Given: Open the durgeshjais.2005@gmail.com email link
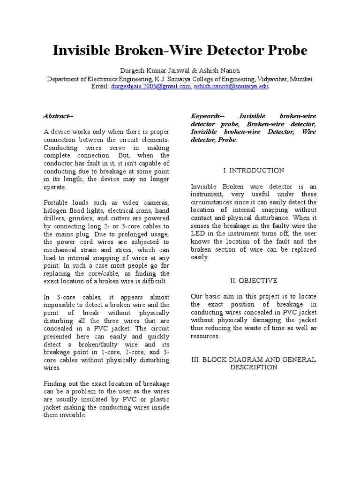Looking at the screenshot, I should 151,87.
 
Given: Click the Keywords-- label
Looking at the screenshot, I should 207,116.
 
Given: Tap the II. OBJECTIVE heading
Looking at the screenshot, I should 254,280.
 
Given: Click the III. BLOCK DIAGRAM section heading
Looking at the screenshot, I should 254,360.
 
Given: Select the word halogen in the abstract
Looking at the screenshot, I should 55,210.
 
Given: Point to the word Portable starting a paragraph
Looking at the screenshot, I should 56,202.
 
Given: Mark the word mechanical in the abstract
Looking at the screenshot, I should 62,250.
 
